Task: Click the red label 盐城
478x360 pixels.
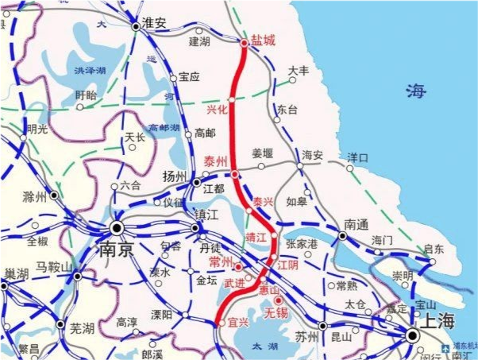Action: (x=263, y=41)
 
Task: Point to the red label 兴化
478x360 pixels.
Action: (x=217, y=109)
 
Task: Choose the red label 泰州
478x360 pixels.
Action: (x=216, y=161)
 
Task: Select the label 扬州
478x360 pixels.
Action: (x=173, y=176)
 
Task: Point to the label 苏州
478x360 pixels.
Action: (x=306, y=337)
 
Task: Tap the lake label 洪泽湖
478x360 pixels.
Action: (x=90, y=71)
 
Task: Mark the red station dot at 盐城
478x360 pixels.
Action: (x=245, y=43)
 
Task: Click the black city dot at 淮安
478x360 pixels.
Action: (x=136, y=26)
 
